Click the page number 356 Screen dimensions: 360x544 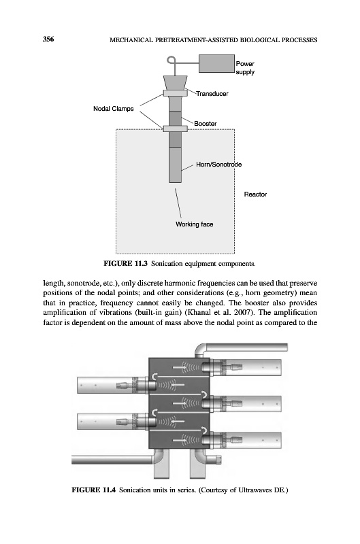(x=48, y=39)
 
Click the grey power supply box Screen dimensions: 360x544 (x=216, y=63)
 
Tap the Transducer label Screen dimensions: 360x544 (x=212, y=94)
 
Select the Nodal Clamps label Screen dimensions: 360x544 (x=113, y=109)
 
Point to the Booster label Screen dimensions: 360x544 (x=205, y=124)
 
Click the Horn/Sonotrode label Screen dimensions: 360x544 (x=218, y=165)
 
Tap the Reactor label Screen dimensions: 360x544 (x=255, y=194)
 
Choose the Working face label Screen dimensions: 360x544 (x=195, y=224)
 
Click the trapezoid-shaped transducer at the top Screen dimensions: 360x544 (x=176, y=83)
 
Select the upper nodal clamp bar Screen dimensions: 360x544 (x=176, y=93)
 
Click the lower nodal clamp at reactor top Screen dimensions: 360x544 (x=176, y=129)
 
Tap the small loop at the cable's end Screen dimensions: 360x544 (x=171, y=61)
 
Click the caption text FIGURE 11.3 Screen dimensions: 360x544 (x=126, y=264)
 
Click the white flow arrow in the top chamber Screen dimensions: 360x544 (x=180, y=367)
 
